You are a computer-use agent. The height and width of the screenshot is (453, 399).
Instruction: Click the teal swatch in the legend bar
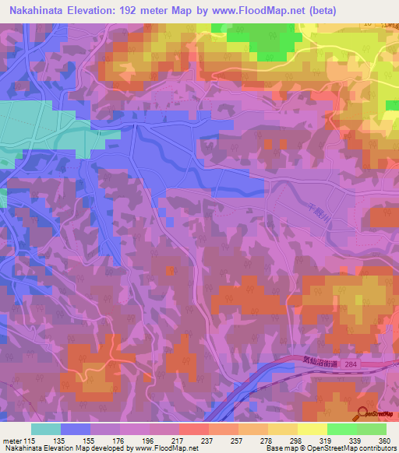[46, 429]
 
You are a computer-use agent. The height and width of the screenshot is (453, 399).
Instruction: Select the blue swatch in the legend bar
[76, 429]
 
